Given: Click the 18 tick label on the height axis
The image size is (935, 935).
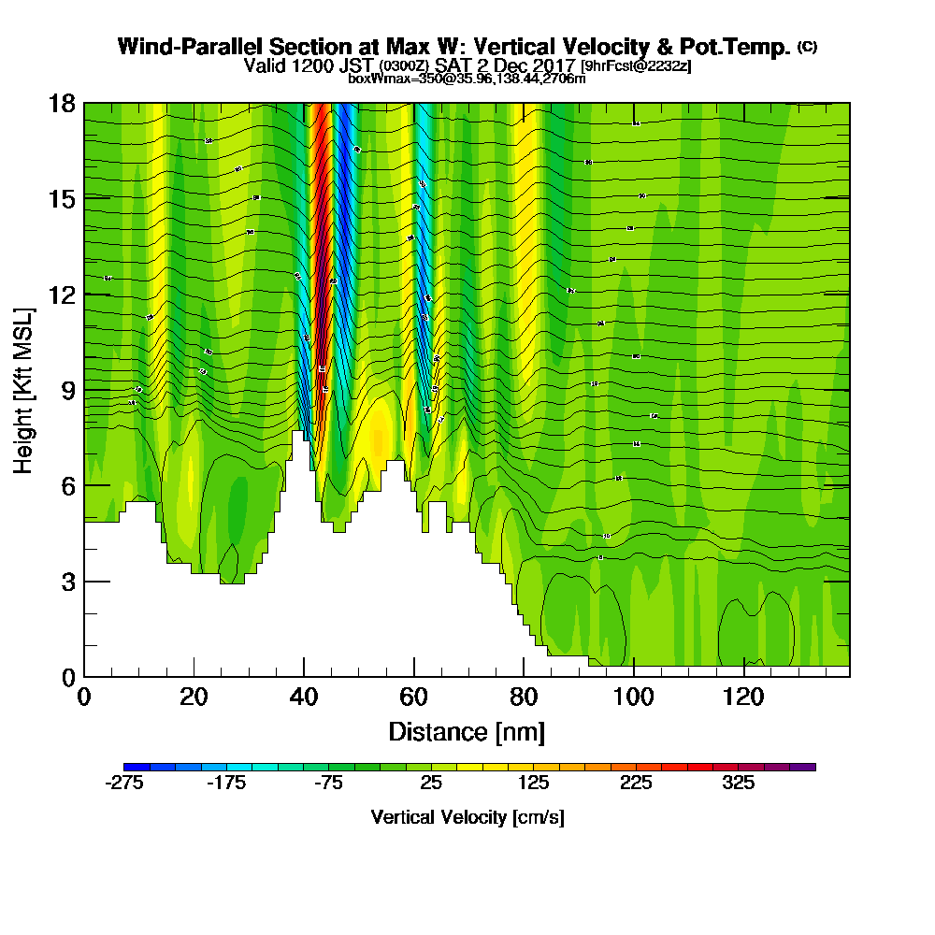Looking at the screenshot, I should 63,104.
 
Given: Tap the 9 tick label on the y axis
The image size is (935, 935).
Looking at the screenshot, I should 68,390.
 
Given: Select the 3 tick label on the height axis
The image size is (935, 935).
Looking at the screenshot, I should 68,582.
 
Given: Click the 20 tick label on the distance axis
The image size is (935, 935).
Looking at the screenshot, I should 194,698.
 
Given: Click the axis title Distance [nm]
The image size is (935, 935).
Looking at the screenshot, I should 467,730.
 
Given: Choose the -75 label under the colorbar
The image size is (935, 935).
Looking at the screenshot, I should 328,784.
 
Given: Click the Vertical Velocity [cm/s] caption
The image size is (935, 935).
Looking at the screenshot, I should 467,817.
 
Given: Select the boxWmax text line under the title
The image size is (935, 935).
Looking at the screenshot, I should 467,79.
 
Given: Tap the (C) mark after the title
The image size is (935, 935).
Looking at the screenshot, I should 807,47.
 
